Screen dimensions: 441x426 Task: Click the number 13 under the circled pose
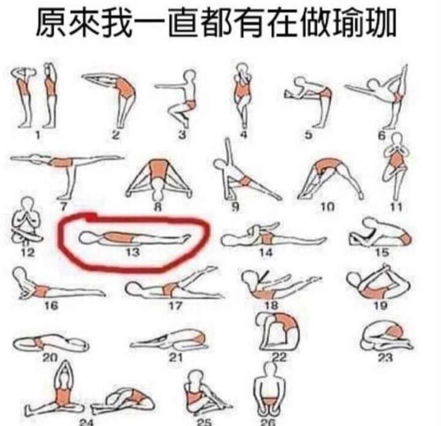(132, 252)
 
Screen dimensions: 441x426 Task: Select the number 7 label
(64, 207)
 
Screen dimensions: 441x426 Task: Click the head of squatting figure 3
(190, 76)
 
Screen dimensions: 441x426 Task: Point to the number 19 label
(380, 305)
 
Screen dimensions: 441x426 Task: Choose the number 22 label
(279, 357)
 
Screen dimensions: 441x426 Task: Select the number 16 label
(51, 305)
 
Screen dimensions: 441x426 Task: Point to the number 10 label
(328, 207)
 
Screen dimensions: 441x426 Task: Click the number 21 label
(176, 357)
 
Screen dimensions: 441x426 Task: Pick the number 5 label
(309, 135)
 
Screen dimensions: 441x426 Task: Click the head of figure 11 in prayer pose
(397, 140)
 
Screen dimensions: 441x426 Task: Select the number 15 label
(382, 252)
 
